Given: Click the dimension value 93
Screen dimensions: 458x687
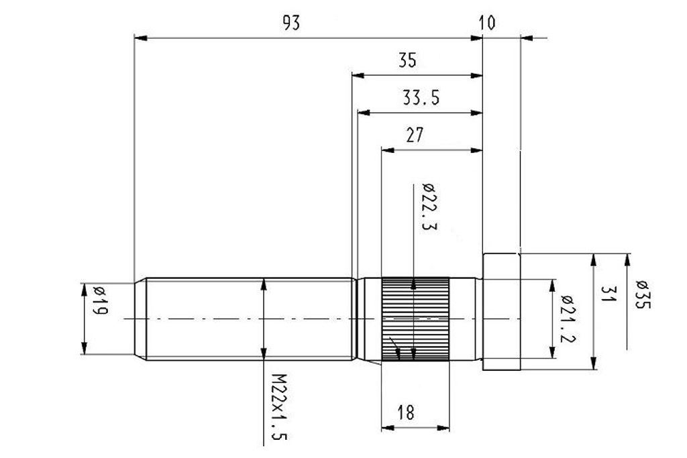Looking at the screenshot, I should tap(290, 23).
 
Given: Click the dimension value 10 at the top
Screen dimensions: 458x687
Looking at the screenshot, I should tap(488, 23).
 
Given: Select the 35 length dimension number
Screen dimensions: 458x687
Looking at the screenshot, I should tap(407, 61).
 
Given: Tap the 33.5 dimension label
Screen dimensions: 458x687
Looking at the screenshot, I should tap(421, 99).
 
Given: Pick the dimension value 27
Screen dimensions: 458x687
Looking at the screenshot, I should tap(415, 135).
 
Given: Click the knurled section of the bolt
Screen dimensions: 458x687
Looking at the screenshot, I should tap(415, 319).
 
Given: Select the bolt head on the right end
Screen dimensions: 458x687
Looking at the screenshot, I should tap(502, 312).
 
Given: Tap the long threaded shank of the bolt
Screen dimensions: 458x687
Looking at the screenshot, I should tap(248, 319).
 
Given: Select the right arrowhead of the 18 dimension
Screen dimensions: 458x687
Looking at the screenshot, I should tap(445, 427).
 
